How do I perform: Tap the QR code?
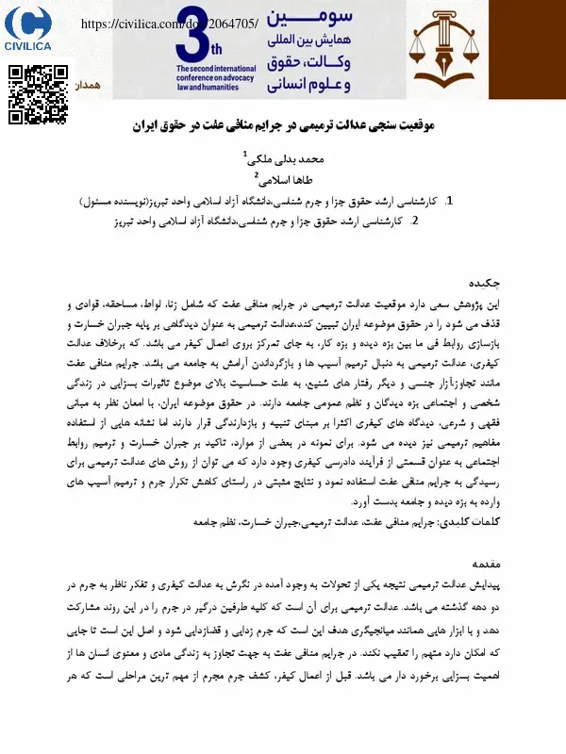39,95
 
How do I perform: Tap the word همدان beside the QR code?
89,85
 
